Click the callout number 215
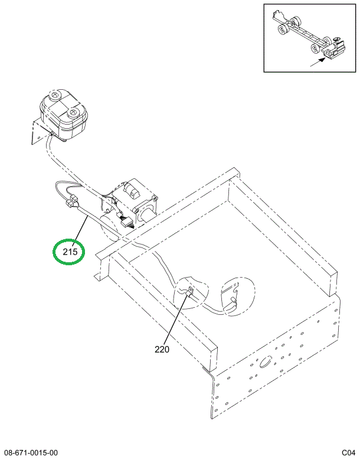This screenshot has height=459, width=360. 70,251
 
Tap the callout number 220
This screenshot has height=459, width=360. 162,349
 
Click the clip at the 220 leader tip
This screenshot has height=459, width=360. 189,291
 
